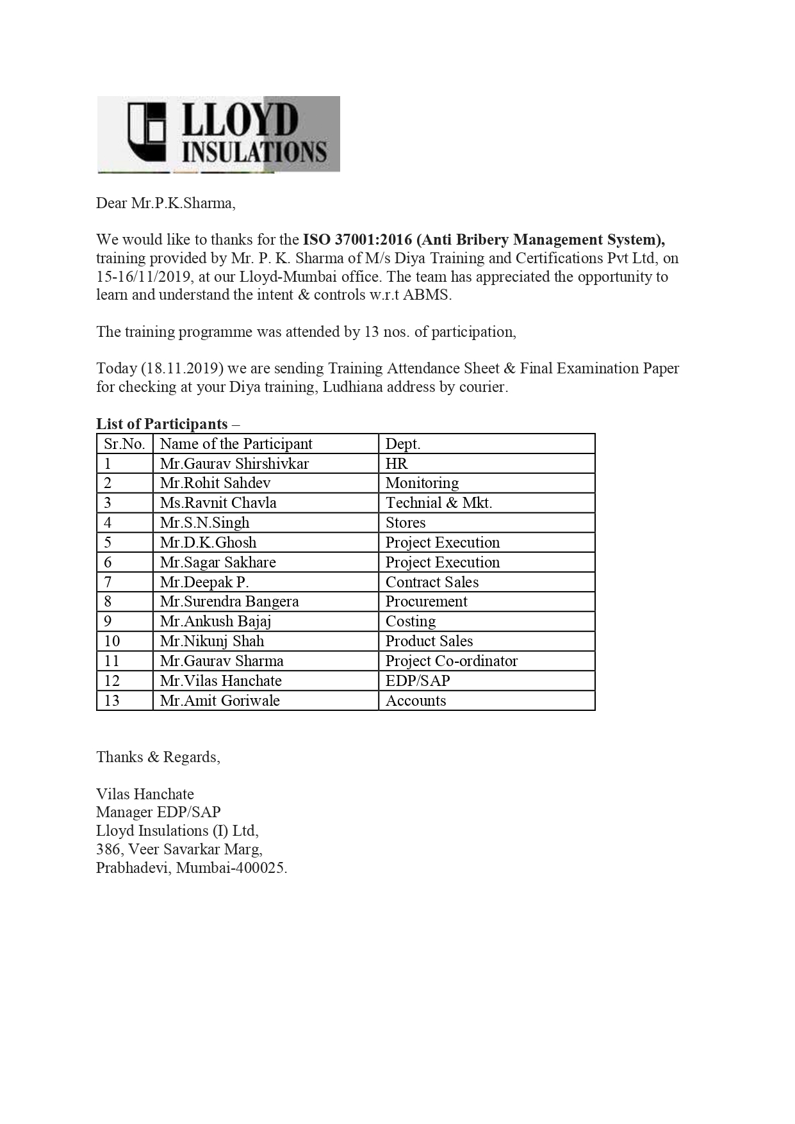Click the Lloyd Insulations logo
218,134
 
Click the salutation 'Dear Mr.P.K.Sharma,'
166,204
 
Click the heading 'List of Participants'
162,424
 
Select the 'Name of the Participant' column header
236,444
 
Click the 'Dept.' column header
403,444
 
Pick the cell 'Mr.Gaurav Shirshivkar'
234,464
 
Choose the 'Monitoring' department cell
422,483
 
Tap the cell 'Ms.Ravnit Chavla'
218,503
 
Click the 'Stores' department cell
406,523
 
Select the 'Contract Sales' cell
432,582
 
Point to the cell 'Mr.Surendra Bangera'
229,601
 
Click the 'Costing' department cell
411,621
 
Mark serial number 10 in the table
112,641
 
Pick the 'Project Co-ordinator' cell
452,661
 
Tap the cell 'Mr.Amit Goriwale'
220,701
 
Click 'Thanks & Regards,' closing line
158,757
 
